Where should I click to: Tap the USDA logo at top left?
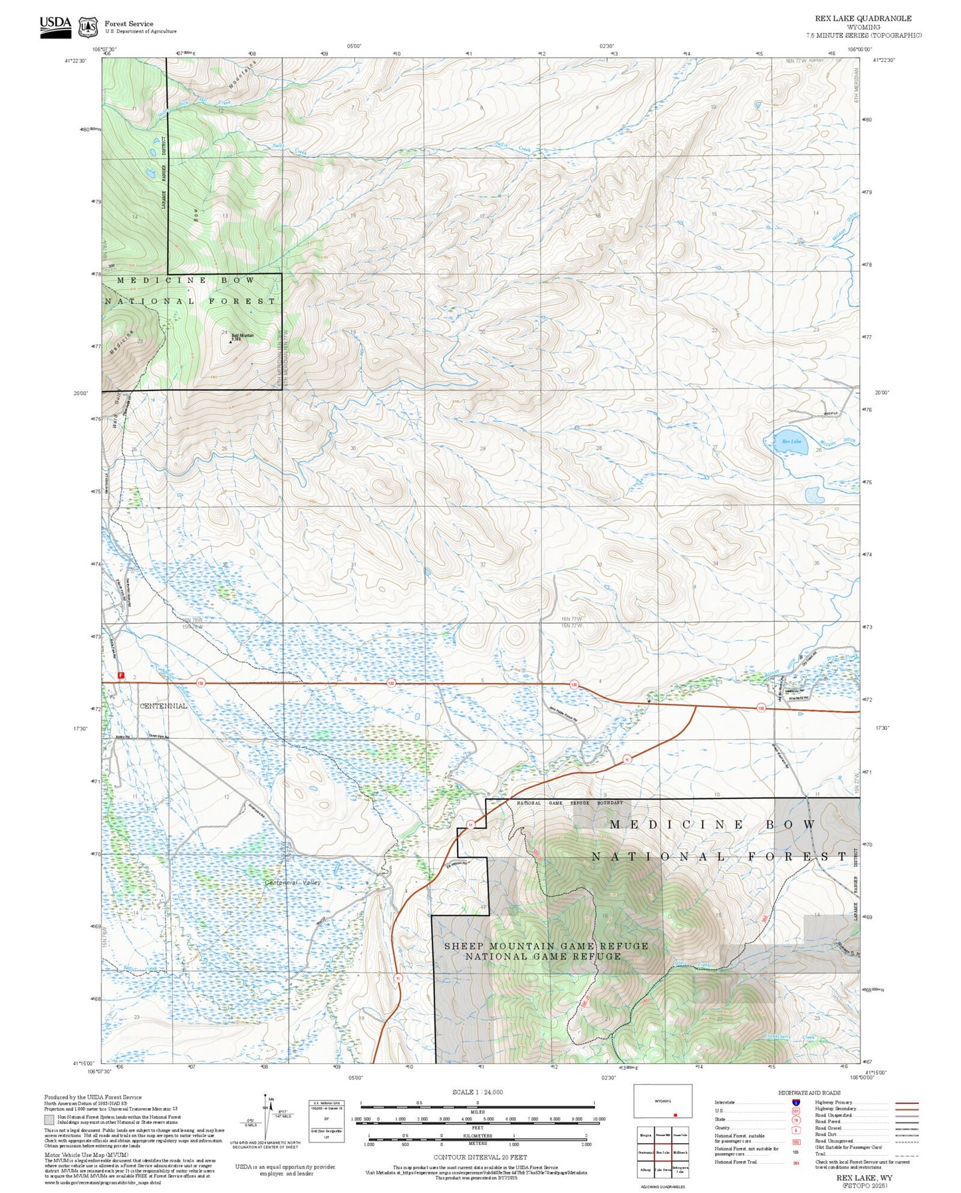pos(55,27)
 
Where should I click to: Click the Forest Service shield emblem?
pos(88,27)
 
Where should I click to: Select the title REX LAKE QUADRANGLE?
pos(863,18)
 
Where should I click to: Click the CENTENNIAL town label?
pos(164,706)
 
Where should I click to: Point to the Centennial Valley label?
pos(293,882)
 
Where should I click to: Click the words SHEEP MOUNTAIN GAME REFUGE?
pos(545,945)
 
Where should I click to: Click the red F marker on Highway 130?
pos(121,675)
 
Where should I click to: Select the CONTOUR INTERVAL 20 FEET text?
pos(480,1157)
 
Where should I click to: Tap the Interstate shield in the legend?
pos(795,1102)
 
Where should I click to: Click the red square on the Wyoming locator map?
pos(675,1115)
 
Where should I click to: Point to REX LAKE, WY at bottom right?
pos(864,1177)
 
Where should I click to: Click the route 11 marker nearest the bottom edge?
pos(398,978)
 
